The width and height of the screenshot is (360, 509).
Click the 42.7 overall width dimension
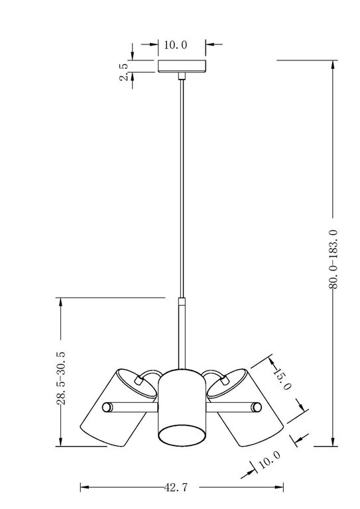[176, 488]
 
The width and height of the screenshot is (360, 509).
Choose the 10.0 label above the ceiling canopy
[176, 45]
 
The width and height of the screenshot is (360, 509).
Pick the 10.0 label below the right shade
[270, 459]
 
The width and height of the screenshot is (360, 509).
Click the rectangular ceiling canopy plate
[182, 66]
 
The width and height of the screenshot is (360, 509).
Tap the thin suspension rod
[182, 186]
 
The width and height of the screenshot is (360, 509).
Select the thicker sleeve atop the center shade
[182, 331]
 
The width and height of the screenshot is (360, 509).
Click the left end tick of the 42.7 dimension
[80, 488]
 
